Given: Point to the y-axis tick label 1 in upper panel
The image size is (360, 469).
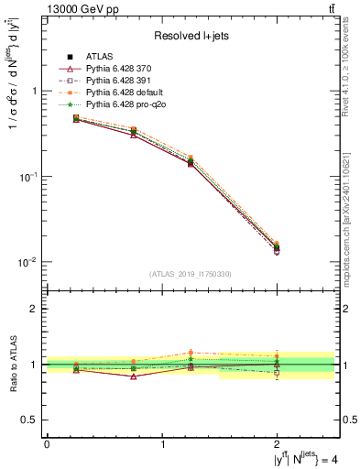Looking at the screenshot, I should [x=35, y=92].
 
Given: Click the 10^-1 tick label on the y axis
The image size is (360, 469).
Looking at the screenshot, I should [x=28, y=176].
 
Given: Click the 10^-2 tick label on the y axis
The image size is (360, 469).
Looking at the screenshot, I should [x=28, y=262].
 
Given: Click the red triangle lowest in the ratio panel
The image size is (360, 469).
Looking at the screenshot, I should [x=134, y=376].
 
